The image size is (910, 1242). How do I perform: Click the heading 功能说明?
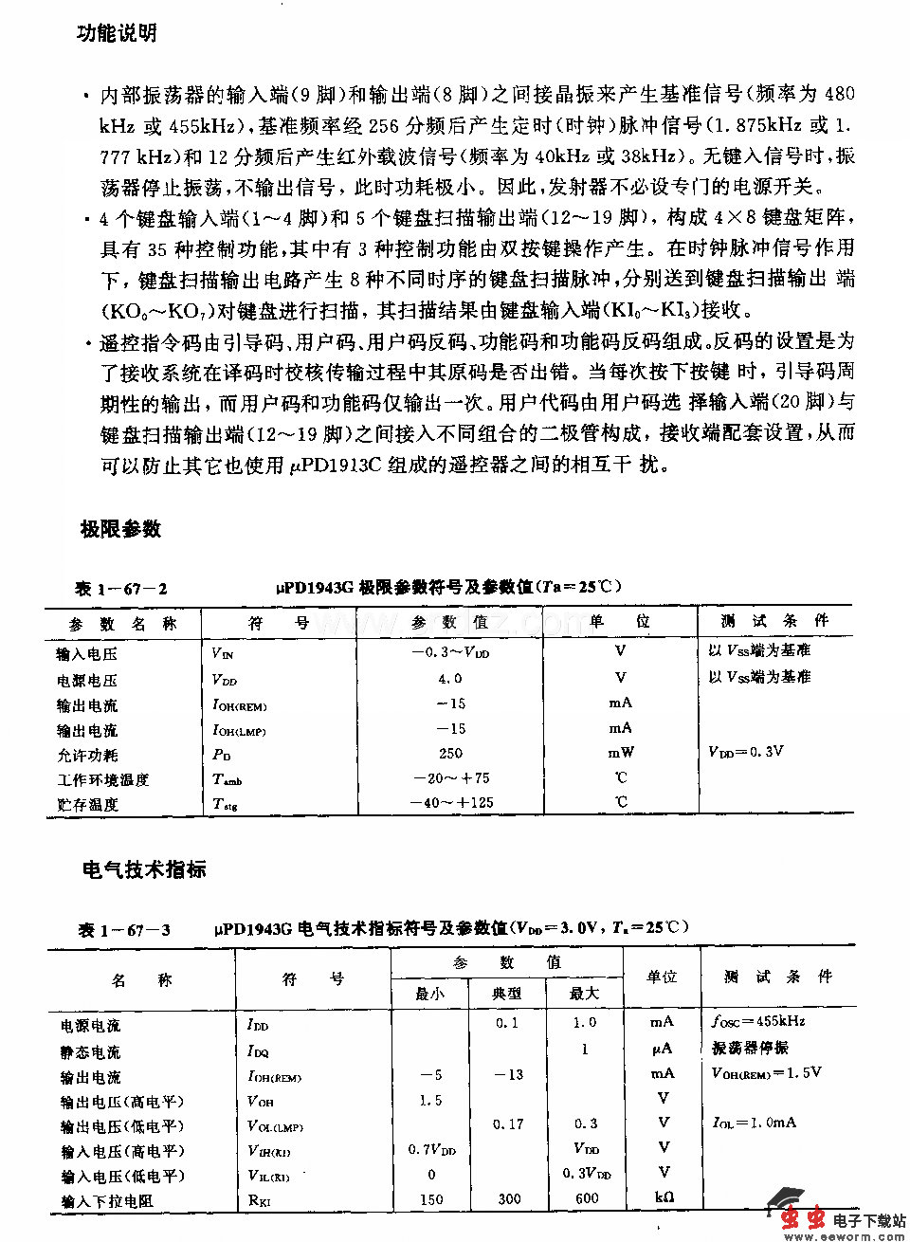[x=117, y=34]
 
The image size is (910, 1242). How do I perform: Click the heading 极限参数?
[x=120, y=529]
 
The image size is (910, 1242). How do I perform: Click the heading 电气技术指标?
[x=144, y=869]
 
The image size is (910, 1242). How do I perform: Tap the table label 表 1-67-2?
[x=121, y=589]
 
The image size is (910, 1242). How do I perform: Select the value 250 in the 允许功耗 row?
[x=450, y=753]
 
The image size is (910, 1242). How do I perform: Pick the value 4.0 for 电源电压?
[x=450, y=679]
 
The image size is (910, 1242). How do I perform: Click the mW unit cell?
[x=620, y=753]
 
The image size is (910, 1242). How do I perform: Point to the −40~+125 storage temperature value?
[x=450, y=803]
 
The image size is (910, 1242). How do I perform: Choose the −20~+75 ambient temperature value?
[x=450, y=778]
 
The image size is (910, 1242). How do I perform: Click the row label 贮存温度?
[x=87, y=805]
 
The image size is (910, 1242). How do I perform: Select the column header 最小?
[x=429, y=994]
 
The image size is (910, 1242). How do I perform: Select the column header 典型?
[x=507, y=994]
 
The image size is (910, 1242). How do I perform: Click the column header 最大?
[x=585, y=994]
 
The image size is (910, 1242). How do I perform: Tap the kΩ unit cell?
[x=663, y=1198]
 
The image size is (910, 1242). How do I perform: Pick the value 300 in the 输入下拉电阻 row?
[x=509, y=1198]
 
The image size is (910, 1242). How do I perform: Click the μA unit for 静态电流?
[x=662, y=1049]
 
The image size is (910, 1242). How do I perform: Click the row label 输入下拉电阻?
[x=106, y=1201]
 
